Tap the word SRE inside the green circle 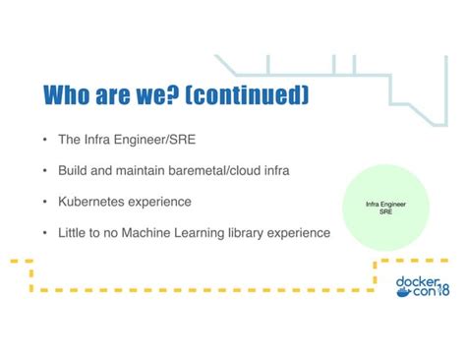385,211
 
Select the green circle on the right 385,208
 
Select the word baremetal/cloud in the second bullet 206,170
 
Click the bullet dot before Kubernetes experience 45,203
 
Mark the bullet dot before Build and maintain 45,171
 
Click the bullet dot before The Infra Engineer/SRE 45,140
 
